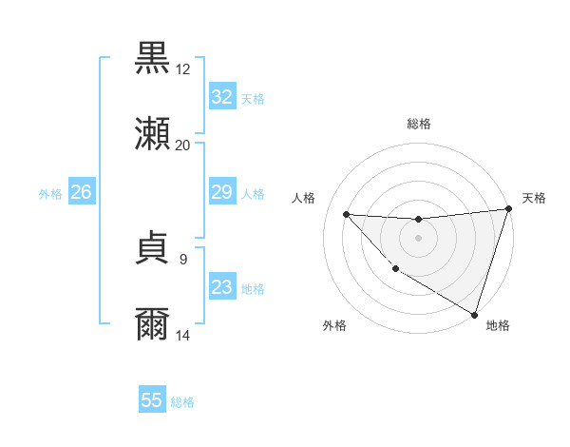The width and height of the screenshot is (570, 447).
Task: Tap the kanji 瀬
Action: click(x=152, y=134)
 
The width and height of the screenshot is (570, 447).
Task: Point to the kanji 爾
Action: click(x=152, y=324)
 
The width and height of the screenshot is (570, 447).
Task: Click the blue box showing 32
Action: click(x=221, y=97)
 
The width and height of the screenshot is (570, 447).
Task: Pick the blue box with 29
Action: click(x=221, y=193)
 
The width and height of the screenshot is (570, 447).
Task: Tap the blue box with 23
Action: click(x=221, y=288)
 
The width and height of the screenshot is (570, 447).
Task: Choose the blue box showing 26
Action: click(x=81, y=193)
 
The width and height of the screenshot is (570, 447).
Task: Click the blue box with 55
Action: click(x=152, y=400)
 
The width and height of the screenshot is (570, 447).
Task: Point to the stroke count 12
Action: click(x=183, y=69)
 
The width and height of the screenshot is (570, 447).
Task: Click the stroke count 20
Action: click(x=182, y=146)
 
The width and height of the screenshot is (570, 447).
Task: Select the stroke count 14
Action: click(x=183, y=336)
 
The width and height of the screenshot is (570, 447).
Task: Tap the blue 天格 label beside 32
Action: click(x=252, y=98)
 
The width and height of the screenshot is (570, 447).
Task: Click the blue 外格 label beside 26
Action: click(x=50, y=194)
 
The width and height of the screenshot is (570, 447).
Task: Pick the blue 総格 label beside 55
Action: click(x=182, y=401)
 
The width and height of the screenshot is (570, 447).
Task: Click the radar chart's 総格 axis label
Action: click(x=418, y=124)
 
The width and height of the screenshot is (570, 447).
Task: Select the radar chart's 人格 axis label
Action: click(x=304, y=198)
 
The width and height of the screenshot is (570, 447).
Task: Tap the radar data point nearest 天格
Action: click(x=508, y=209)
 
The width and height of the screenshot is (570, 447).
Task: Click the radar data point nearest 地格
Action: click(x=474, y=314)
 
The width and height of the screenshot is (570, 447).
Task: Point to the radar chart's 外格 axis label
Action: click(x=334, y=325)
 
